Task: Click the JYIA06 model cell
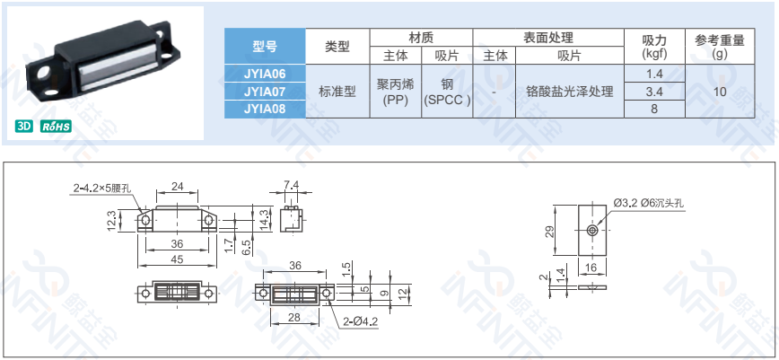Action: [x=265, y=74]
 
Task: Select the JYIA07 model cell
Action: [x=265, y=92]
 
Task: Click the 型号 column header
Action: [x=265, y=46]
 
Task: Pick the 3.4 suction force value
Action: [x=654, y=92]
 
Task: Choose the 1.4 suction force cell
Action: [x=654, y=74]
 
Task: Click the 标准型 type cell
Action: [x=337, y=92]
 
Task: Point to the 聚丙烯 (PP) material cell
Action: [x=395, y=92]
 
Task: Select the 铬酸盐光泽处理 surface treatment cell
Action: [x=569, y=92]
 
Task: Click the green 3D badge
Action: [x=24, y=127]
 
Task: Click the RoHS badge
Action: [x=56, y=127]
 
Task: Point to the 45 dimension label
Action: [x=177, y=259]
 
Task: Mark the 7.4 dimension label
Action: [x=291, y=186]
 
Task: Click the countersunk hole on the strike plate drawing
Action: [x=592, y=231]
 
